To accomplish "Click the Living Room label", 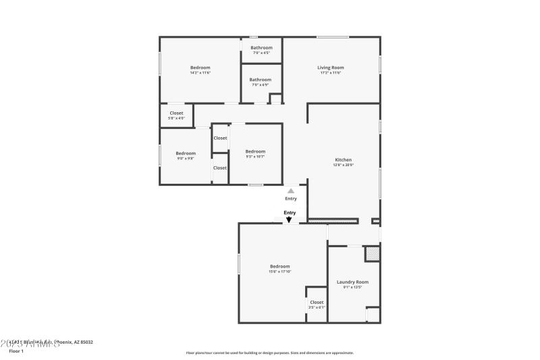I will click(331, 68).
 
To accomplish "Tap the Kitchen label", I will click(344, 160).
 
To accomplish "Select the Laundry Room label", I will click(352, 282).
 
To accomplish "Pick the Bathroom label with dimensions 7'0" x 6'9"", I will click(261, 80).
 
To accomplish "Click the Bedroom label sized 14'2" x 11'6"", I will click(200, 68).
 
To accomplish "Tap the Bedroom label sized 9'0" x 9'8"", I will click(186, 153).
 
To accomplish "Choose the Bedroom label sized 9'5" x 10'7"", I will click(255, 151).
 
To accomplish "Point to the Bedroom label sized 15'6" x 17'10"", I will click(279, 266).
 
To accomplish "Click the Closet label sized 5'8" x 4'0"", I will click(176, 113).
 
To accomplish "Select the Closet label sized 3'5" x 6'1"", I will click(317, 302).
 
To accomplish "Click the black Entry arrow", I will click(290, 220).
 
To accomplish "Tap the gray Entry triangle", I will click(291, 191).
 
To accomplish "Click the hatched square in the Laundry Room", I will click(372, 254).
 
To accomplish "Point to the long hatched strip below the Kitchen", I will click(333, 220).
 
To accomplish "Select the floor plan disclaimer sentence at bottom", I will click(269, 353).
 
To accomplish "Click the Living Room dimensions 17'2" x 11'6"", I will click(331, 73).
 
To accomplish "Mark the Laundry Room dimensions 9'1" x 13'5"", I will click(352, 287).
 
